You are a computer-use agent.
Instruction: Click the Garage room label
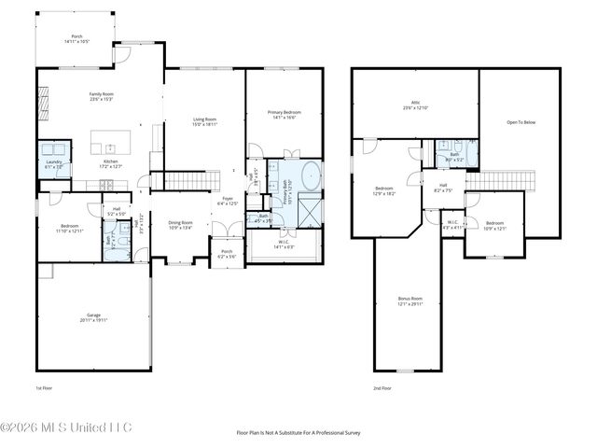pos(92,317)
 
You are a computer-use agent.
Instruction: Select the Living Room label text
pos(204,120)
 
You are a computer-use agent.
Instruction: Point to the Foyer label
pos(227,201)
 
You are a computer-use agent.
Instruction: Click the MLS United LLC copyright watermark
pos(66,427)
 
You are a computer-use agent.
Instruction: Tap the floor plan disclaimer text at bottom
pos(298,432)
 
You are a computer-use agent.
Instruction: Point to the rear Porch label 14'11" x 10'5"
pos(77,39)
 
